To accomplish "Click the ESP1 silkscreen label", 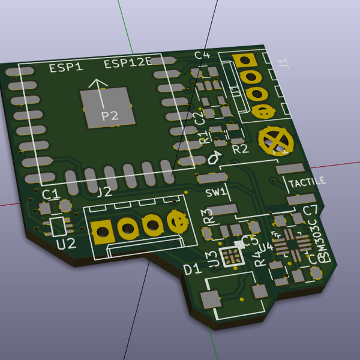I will pyautogui.click(x=65, y=67).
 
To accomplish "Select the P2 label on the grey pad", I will pyautogui.click(x=110, y=116).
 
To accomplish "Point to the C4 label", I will pyautogui.click(x=202, y=55).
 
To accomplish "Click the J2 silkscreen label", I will pyautogui.click(x=104, y=192).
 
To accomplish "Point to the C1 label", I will pyautogui.click(x=50, y=194).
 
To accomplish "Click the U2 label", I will pyautogui.click(x=66, y=244).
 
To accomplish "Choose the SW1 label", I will pyautogui.click(x=215, y=193).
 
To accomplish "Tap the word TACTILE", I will pyautogui.click(x=307, y=181).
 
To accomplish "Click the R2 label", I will pyautogui.click(x=240, y=149).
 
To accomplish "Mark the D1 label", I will pyautogui.click(x=192, y=269).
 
